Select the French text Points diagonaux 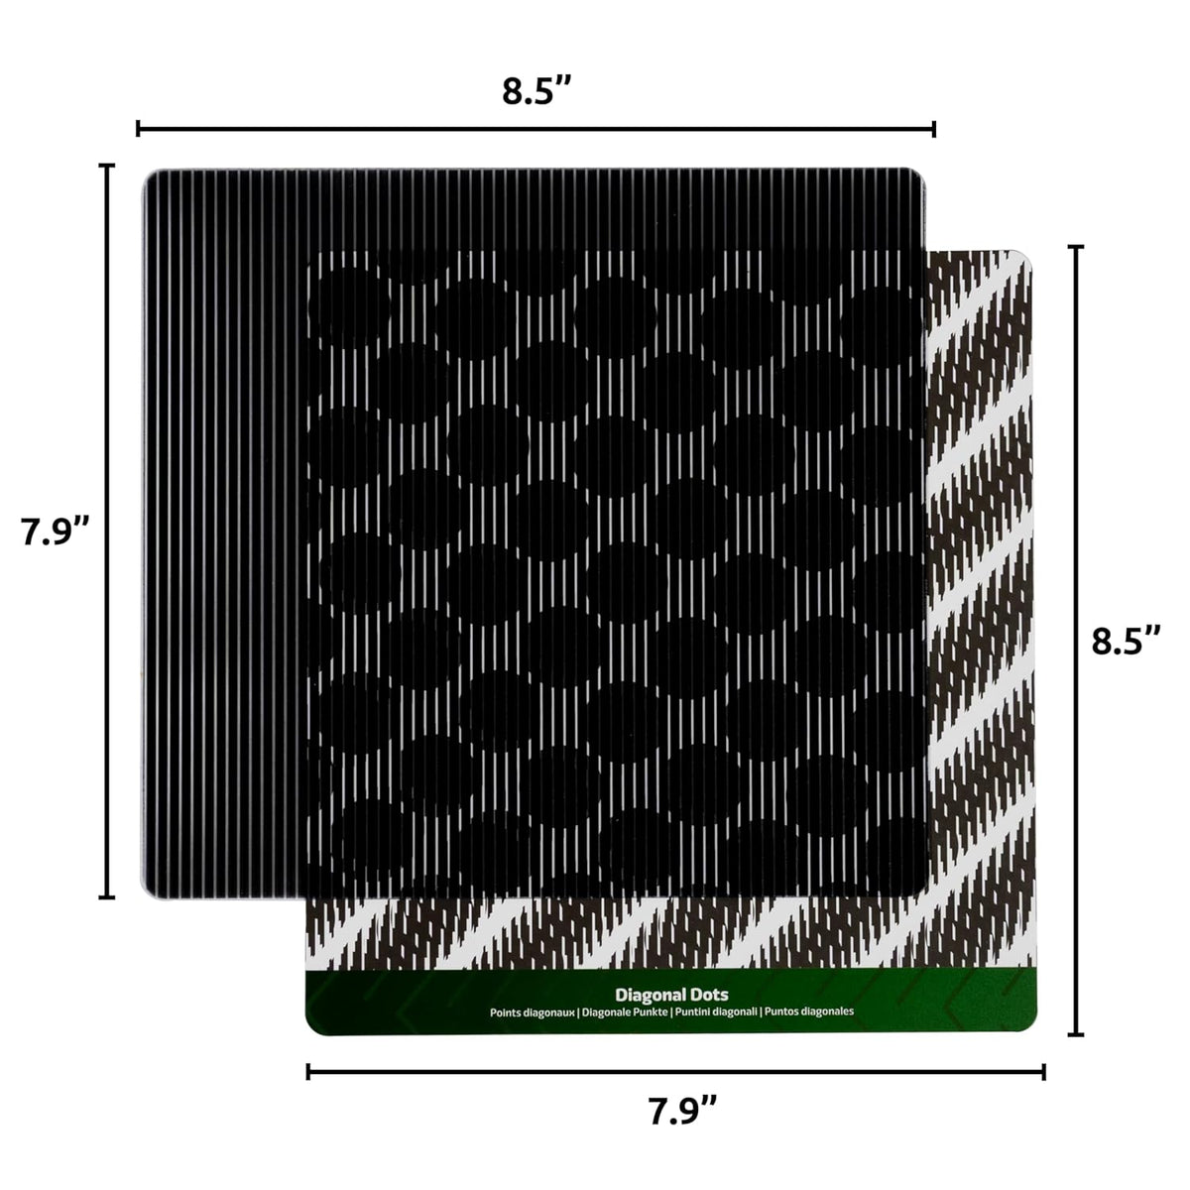tap(533, 1012)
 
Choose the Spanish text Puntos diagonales tap(809, 1011)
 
